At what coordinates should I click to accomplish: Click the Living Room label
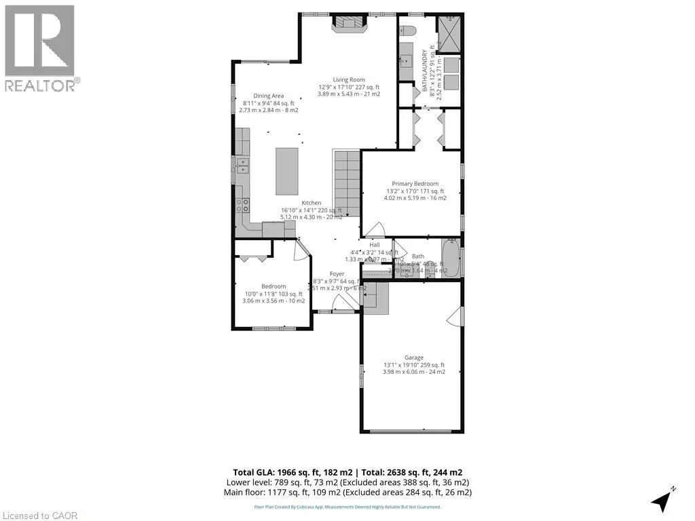tap(348, 79)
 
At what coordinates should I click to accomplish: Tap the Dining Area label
tap(268, 96)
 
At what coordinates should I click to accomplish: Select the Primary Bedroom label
tap(415, 183)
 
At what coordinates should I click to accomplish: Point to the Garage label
tap(414, 358)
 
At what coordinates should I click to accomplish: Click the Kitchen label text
tap(312, 203)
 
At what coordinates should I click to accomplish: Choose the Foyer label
tap(337, 274)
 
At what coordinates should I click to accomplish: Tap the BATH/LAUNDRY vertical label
tap(426, 71)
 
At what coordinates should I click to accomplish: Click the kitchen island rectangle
tap(286, 172)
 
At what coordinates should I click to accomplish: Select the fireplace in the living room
tap(349, 24)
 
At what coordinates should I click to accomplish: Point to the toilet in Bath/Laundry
tap(407, 33)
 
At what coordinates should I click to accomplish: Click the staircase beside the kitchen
tap(346, 183)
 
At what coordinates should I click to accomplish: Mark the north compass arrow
tap(661, 500)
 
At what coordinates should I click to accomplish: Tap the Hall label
tap(374, 245)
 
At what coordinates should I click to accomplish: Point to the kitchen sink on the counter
tap(242, 166)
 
